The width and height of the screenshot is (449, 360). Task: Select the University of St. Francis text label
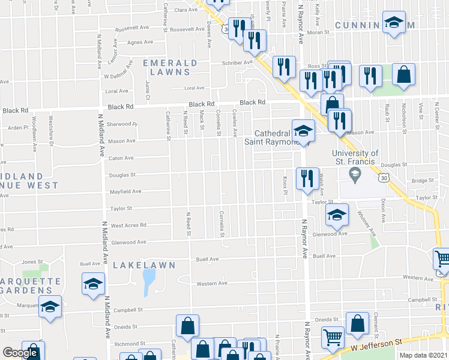354,157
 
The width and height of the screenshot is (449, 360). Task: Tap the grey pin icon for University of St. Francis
355,175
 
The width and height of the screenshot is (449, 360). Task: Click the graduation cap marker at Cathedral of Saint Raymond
304,131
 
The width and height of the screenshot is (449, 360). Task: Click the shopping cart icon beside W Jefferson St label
332,337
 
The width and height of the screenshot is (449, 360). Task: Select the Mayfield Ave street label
125,192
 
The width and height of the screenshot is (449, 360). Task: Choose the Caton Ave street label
121,158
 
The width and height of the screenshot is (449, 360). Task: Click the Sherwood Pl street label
122,124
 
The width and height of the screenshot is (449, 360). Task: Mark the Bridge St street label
423,180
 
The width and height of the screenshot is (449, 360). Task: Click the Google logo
20,353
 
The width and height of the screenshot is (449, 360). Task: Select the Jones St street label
28,262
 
